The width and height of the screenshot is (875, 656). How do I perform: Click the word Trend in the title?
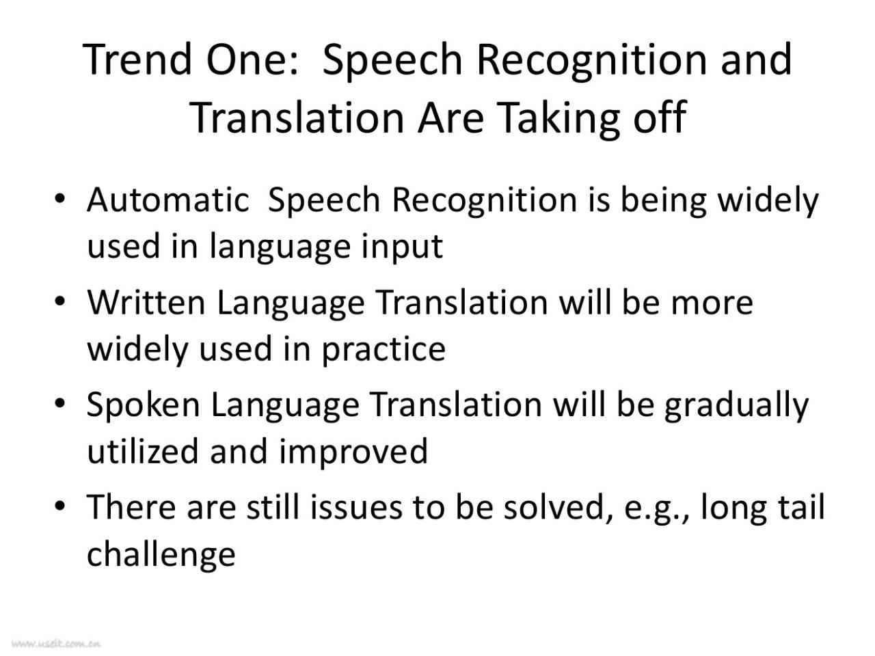137,59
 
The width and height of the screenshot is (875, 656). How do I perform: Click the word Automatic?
168,200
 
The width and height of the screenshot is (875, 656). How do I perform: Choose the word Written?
146,303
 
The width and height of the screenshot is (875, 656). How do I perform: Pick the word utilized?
143,451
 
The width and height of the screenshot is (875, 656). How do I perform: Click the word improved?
353,453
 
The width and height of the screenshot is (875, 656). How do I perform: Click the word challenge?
161,555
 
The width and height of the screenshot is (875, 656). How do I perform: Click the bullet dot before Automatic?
59,198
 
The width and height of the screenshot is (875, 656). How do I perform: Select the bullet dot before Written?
59,301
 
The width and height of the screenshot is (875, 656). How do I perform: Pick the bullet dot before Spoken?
59,404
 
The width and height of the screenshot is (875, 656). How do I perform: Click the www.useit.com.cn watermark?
56,643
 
